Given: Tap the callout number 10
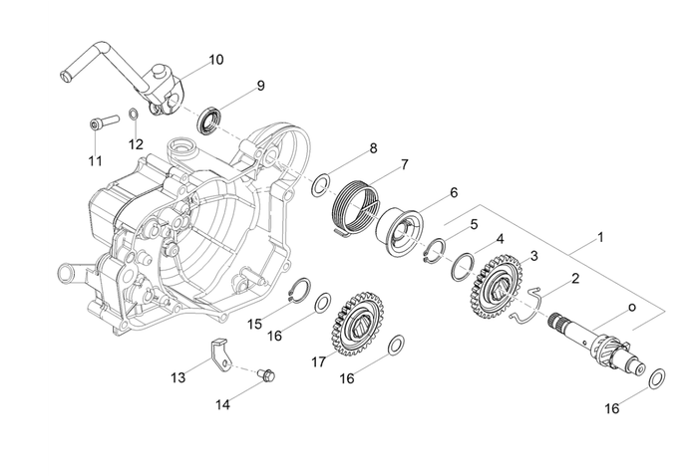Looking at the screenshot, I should pyautogui.click(x=216, y=60).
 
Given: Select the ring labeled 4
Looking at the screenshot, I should pyautogui.click(x=460, y=266).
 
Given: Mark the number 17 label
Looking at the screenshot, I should pyautogui.click(x=318, y=362).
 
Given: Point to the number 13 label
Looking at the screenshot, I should pyautogui.click(x=178, y=377).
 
